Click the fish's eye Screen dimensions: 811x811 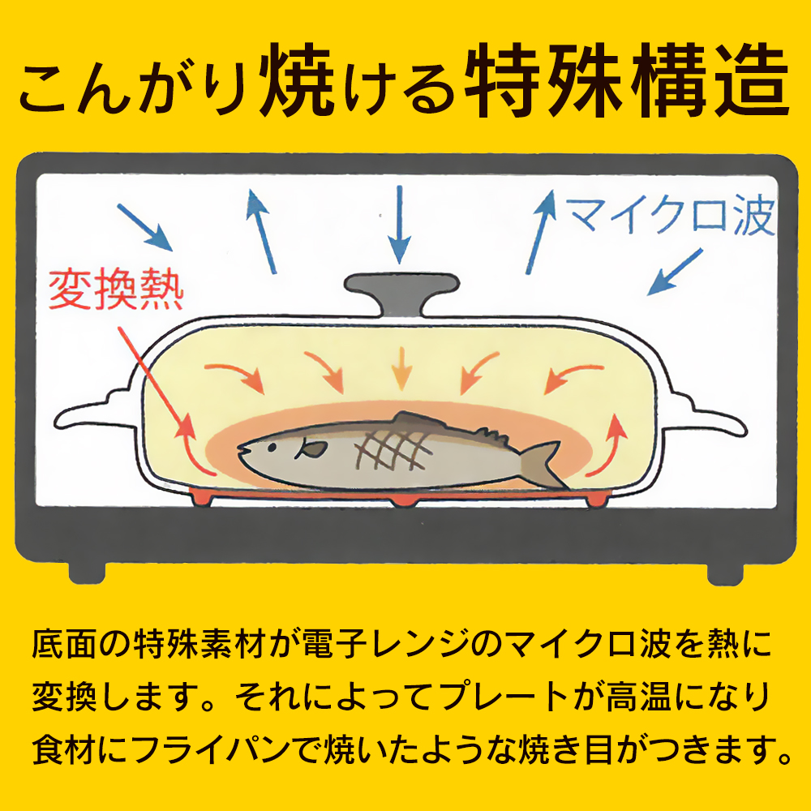(271, 446)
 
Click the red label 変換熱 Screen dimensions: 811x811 (116, 290)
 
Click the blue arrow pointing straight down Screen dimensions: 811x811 (399, 225)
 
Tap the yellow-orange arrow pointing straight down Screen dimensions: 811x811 (401, 369)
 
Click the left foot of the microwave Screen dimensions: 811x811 (87, 573)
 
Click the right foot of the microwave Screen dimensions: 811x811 (725, 573)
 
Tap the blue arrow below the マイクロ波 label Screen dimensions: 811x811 (675, 272)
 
